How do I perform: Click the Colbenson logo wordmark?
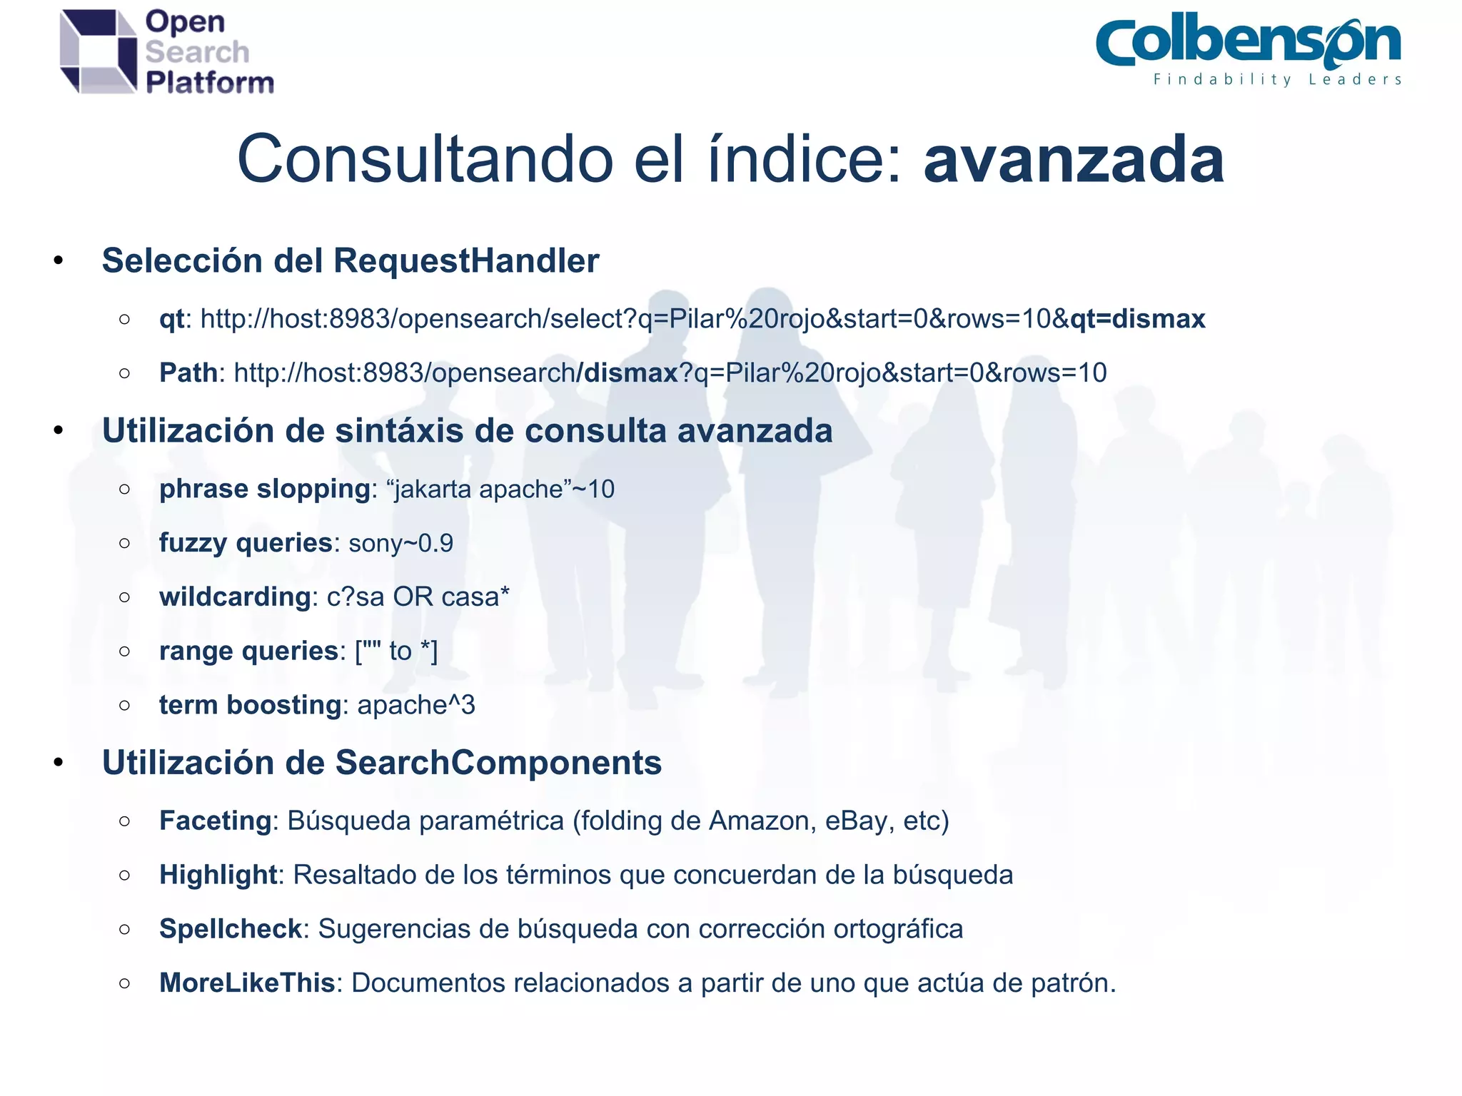1248,41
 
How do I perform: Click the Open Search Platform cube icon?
98,51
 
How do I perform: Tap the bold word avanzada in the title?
1074,160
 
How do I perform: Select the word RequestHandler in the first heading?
466,261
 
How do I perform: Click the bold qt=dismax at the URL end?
1137,319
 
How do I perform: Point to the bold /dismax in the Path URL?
626,372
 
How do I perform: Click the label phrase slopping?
264,489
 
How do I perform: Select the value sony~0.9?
400,544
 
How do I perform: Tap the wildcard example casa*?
475,597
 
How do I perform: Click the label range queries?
248,651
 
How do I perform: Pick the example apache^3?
415,705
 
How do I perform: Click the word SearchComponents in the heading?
498,763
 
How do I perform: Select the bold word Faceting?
215,821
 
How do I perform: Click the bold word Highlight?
218,875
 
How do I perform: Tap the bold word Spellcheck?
231,929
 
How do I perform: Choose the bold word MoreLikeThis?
247,983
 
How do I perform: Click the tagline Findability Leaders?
1277,80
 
